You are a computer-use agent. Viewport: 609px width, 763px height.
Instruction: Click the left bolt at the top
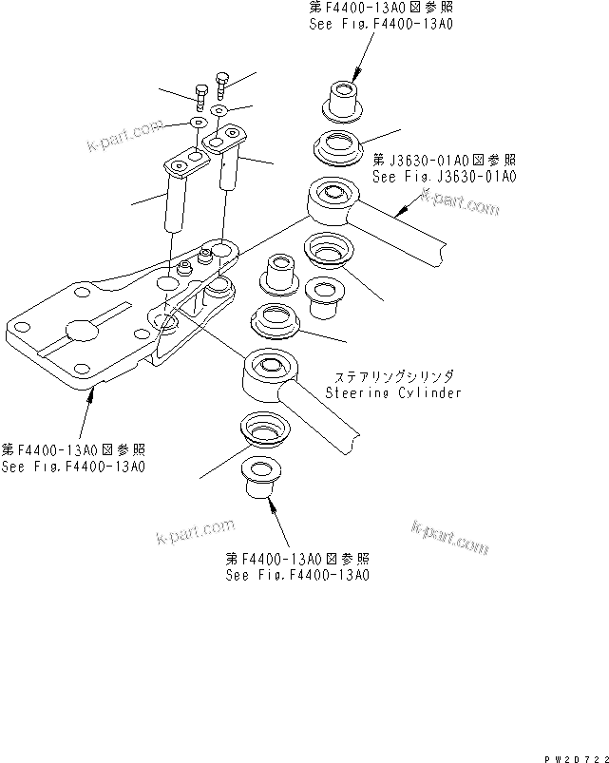200,94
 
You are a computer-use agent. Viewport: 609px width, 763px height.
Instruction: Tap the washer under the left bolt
198,124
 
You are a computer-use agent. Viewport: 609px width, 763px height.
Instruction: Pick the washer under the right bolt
219,111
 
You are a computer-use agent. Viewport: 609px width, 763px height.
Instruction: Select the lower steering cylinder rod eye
270,369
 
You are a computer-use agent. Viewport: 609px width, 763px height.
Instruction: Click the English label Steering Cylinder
392,392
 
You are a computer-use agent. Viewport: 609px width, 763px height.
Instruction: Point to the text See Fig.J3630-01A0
443,177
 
